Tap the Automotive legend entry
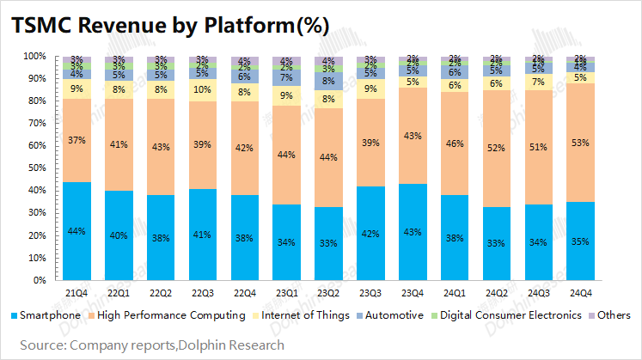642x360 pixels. (394, 315)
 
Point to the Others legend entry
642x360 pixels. (612, 315)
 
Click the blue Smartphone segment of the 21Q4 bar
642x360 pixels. (77, 230)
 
